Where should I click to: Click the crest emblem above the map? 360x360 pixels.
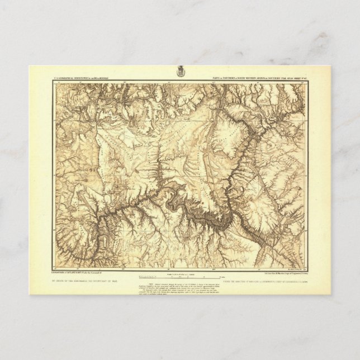pos(180,72)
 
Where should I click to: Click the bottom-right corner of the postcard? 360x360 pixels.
pos(330,294)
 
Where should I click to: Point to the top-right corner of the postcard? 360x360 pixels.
pos(330,66)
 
